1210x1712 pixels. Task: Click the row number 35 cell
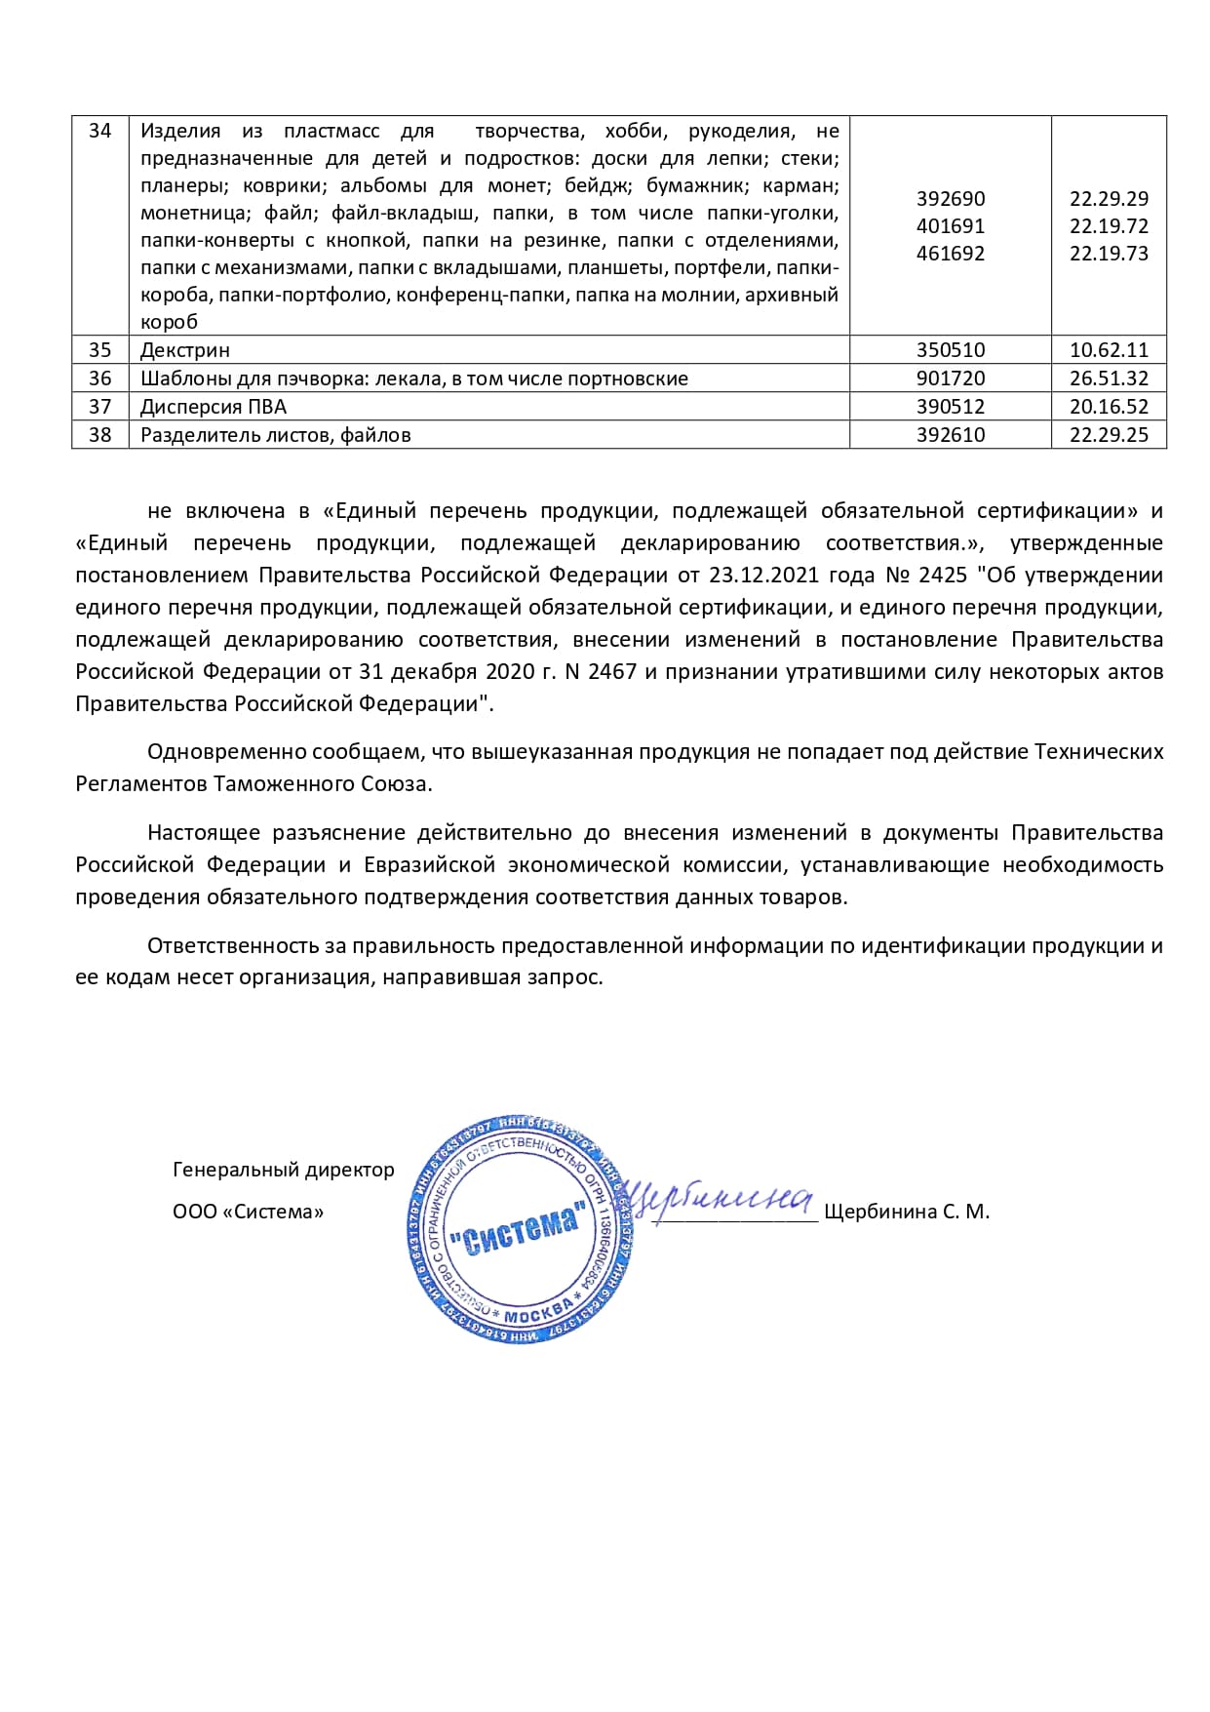click(99, 350)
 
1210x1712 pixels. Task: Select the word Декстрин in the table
click(184, 350)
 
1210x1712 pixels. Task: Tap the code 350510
click(950, 350)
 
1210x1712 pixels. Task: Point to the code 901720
click(950, 378)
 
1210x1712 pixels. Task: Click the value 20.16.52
click(1109, 407)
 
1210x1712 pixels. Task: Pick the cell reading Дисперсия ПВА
click(213, 407)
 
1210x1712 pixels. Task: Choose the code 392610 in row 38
click(950, 435)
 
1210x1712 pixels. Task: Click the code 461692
click(950, 254)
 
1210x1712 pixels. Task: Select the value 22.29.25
click(1109, 435)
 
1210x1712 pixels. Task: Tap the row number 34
click(99, 131)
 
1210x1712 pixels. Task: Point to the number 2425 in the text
click(943, 576)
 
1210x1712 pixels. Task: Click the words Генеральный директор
click(283, 1170)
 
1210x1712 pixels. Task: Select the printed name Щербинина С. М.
click(906, 1213)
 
